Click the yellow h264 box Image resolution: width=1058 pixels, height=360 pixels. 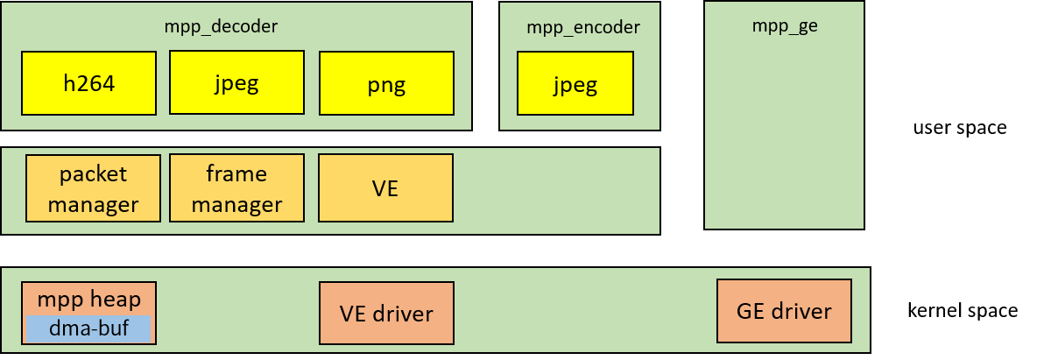point(89,83)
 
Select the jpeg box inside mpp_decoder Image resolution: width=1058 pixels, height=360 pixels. point(236,82)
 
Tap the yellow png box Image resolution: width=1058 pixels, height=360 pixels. point(386,83)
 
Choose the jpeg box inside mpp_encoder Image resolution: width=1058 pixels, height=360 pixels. point(575,84)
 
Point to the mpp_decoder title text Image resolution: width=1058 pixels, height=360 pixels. point(221,26)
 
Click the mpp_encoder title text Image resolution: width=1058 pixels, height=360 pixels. point(582,27)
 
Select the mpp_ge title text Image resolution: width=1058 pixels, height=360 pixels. point(784,25)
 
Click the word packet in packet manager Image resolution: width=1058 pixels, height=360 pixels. point(93,173)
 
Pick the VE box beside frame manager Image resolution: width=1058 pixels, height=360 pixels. point(385,188)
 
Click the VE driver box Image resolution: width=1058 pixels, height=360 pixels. point(386,313)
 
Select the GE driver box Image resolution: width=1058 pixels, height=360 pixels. point(784,311)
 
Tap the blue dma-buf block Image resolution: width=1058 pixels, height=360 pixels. point(88,328)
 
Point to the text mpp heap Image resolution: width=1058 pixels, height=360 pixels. point(88,300)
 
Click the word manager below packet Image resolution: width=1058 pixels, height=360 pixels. point(93,205)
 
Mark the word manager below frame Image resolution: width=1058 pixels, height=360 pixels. point(236,205)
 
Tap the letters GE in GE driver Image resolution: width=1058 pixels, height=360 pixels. point(751,311)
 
